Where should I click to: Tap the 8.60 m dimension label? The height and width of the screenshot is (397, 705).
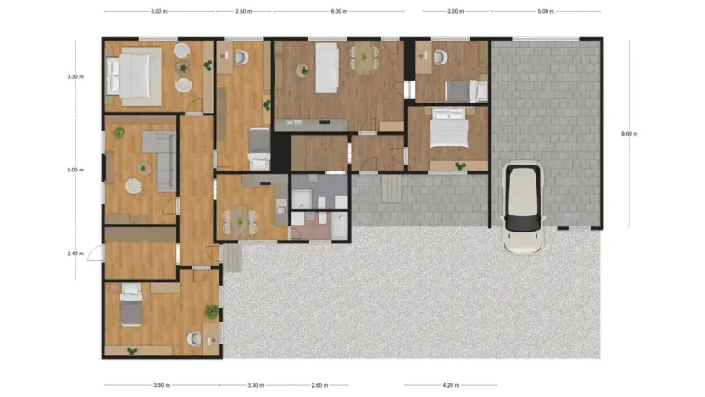coord(629,133)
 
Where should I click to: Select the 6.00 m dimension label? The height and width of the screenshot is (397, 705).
coord(337,12)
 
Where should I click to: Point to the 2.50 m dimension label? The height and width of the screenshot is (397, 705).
coord(243,12)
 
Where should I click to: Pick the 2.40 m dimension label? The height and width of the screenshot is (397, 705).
coord(75,253)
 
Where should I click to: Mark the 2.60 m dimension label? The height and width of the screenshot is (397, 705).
coord(319,385)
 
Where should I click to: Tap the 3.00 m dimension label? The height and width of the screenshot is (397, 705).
coord(455,12)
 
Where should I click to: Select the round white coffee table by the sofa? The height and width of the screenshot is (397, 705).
coord(133,185)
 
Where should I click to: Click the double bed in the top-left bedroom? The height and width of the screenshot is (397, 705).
coord(132,75)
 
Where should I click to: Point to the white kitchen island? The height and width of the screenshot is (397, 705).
coord(327,67)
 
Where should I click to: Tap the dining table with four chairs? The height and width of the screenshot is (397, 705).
coord(241,220)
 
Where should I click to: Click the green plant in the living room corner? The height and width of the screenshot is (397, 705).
coord(119,132)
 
